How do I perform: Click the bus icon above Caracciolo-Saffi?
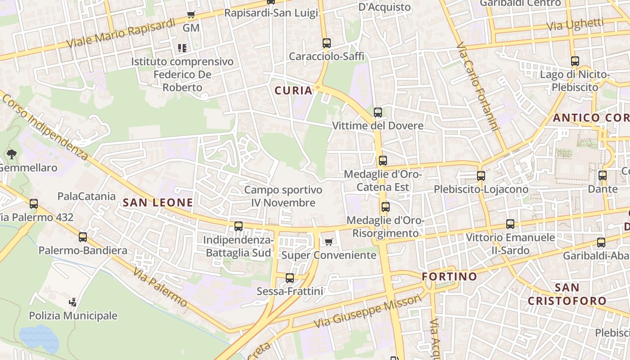327,44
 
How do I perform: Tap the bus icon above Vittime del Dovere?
378,112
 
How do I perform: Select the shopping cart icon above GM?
191,15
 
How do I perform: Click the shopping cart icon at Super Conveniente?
329,242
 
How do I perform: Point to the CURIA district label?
293,90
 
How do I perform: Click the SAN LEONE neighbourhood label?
158,202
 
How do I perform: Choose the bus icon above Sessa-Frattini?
290,278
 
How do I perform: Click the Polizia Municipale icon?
73,302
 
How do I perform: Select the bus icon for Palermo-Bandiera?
83,237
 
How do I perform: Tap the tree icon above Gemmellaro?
12,154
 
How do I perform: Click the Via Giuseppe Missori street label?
369,311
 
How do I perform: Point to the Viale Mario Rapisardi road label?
121,33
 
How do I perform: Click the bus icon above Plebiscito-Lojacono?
481,176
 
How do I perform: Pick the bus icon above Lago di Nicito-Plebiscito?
575,61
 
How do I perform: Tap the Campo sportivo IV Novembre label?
283,196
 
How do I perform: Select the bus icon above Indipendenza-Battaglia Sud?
238,226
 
